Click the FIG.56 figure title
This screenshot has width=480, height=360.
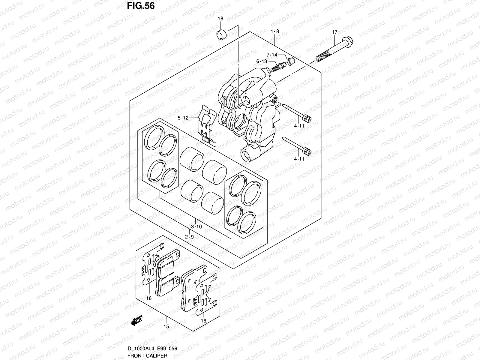tap(141, 6)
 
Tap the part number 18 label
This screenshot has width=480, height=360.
tap(220, 19)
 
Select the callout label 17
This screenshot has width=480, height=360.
tap(334, 32)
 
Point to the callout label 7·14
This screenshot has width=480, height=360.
tap(272, 55)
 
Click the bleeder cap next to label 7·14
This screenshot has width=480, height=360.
tap(291, 61)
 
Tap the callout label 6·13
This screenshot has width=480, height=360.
tap(262, 61)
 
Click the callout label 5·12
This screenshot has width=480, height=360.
tap(183, 118)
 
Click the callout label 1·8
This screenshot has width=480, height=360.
tap(275, 31)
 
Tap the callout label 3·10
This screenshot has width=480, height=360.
tap(196, 227)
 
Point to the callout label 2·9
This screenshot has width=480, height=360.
tap(189, 237)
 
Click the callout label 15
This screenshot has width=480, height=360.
tap(166, 327)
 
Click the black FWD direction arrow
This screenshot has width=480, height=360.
tap(137, 320)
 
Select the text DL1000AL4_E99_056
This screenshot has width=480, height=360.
tap(152, 349)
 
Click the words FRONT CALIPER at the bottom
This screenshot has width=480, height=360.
tap(147, 355)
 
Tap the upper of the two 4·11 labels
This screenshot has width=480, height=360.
tap(299, 126)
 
